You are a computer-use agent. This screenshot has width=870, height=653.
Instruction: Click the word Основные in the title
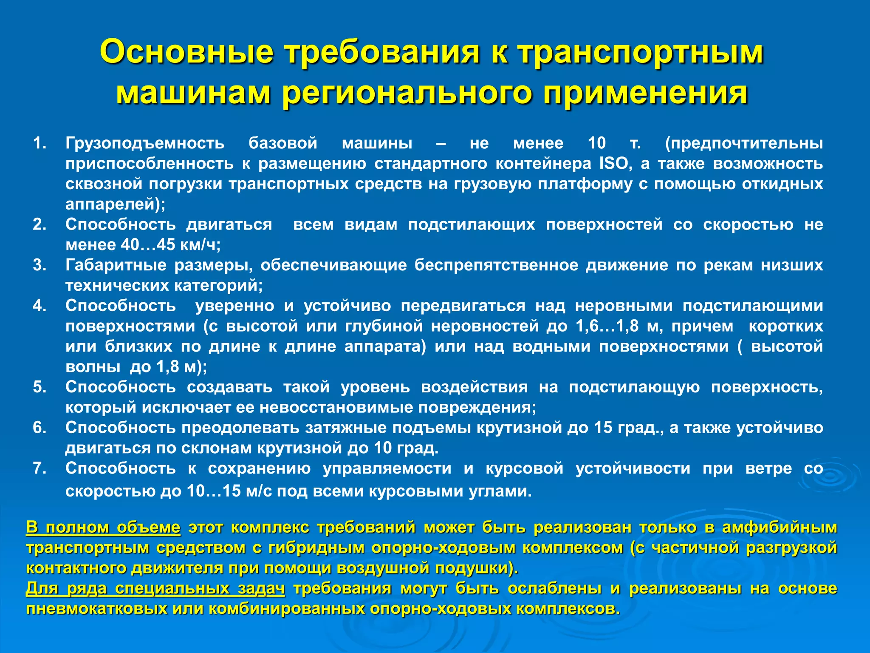tap(187, 52)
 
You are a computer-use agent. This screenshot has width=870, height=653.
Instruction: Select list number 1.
tap(40, 143)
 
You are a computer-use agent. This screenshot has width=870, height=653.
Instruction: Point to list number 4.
tap(40, 306)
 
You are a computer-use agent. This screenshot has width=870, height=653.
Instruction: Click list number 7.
tap(40, 468)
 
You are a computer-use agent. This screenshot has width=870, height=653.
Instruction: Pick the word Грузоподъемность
tap(145, 143)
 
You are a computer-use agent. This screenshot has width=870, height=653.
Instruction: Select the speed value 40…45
tap(148, 245)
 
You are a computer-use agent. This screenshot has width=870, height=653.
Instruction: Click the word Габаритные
tap(116, 265)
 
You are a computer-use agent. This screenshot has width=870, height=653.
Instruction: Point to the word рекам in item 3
tap(727, 265)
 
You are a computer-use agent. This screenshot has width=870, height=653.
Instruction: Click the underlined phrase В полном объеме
tap(103, 527)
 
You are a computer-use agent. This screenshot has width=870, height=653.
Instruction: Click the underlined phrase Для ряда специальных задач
tap(155, 588)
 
